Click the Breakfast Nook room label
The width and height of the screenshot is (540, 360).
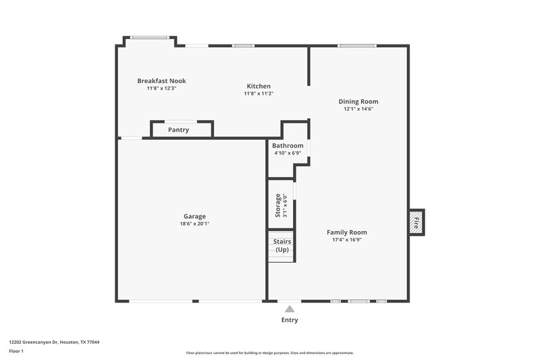[161, 81]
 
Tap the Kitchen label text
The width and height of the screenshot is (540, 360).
[259, 86]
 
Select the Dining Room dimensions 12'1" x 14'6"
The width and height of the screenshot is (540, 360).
[358, 109]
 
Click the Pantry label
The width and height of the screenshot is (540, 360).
[178, 130]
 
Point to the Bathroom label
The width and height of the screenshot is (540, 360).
[288, 145]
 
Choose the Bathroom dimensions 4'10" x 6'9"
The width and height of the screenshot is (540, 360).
[288, 153]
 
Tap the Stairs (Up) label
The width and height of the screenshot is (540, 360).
[281, 246]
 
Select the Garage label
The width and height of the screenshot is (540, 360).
[194, 216]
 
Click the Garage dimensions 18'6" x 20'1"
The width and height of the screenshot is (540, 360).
[194, 224]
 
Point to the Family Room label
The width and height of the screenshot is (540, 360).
[347, 232]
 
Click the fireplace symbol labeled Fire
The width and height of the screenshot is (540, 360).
[416, 222]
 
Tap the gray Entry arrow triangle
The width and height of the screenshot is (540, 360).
[289, 309]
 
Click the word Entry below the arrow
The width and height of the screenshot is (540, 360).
[289, 320]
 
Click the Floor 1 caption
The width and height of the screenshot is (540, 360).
[17, 352]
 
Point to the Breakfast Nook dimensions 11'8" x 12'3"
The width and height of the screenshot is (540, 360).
[161, 88]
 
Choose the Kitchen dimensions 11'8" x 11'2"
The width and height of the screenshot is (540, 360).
[259, 94]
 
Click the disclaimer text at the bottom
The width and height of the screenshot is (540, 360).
[269, 353]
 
